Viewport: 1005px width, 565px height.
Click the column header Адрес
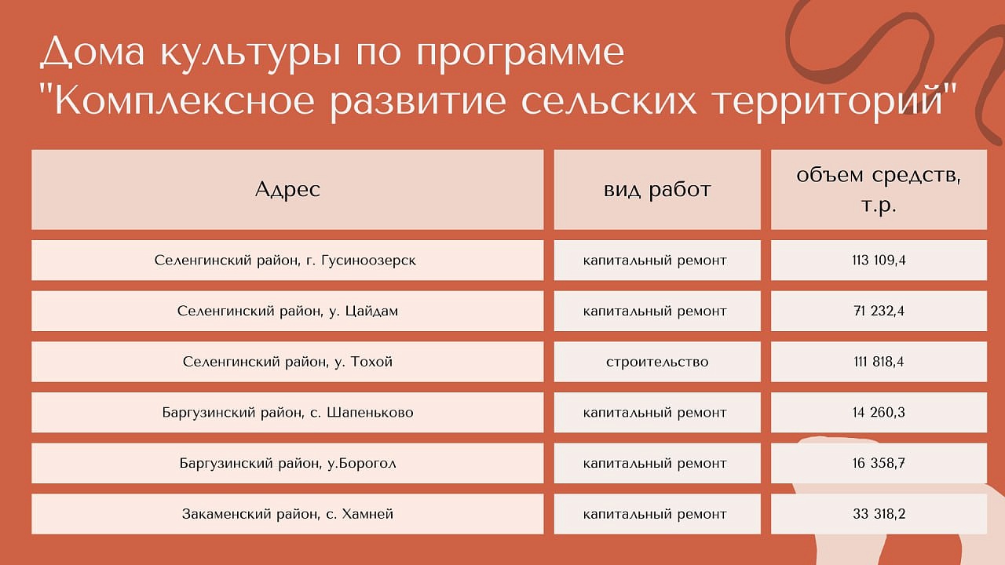pos(287,190)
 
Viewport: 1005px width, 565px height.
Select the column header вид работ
pos(657,190)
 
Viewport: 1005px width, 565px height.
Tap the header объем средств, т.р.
pos(879,190)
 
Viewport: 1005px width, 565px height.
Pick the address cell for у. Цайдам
pos(287,311)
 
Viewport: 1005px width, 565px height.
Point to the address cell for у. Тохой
pos(287,362)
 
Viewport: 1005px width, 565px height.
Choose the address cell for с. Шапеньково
pos(287,412)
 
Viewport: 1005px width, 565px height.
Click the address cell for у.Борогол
pos(287,463)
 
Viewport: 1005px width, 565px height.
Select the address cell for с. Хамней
pos(287,513)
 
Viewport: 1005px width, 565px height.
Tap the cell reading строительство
pos(657,362)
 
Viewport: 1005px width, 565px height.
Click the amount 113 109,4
pos(879,260)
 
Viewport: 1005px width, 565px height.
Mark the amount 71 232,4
pos(879,311)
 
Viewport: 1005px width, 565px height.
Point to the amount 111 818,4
pos(879,362)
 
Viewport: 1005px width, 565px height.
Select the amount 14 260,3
pos(879,412)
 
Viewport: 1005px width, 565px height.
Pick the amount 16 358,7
pos(879,463)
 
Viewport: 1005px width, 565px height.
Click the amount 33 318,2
pos(879,513)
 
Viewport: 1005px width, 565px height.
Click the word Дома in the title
pos(93,53)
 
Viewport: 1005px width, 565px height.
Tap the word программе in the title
pos(521,56)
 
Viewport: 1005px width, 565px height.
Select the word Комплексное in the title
pos(185,102)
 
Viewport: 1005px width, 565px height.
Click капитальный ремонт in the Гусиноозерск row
pos(655,261)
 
